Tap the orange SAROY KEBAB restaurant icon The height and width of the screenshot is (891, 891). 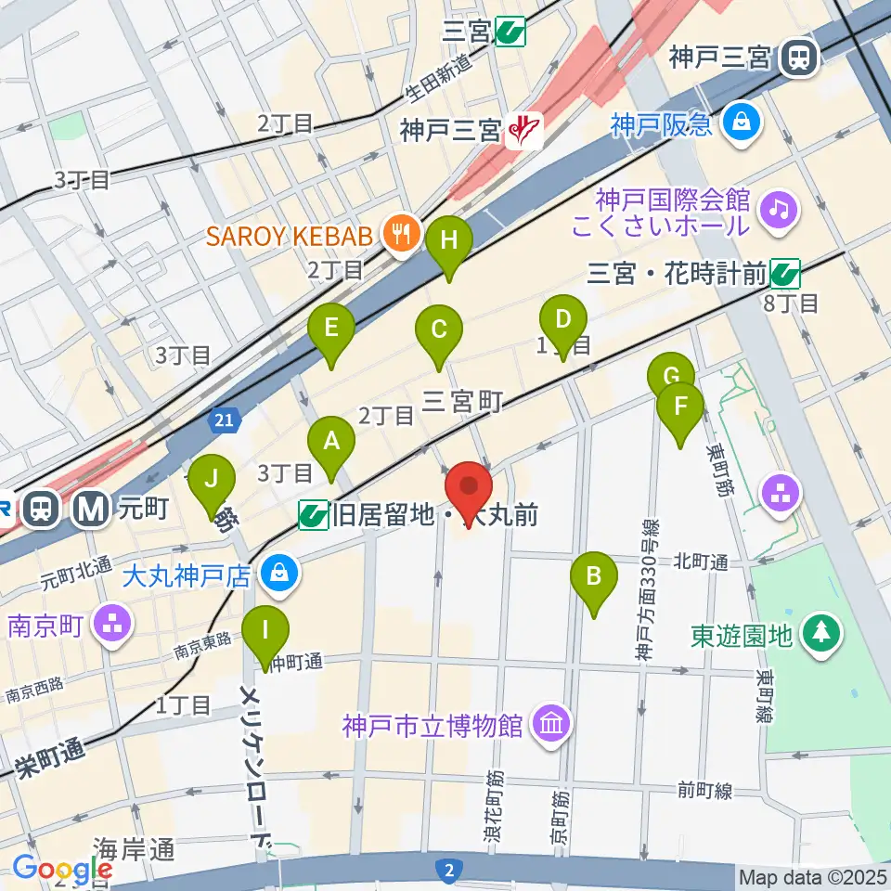pyautogui.click(x=401, y=234)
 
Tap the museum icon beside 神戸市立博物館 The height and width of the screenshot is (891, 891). pyautogui.click(x=551, y=724)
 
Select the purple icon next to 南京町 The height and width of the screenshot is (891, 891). pyautogui.click(x=113, y=623)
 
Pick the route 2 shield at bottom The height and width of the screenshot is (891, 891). pyautogui.click(x=448, y=870)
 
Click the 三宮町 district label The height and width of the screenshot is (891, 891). pyautogui.click(x=462, y=401)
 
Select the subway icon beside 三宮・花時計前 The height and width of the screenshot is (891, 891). pyautogui.click(x=785, y=273)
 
